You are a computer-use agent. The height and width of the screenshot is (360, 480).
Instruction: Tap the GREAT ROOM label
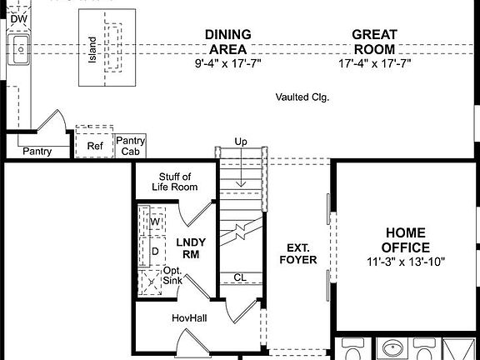374,42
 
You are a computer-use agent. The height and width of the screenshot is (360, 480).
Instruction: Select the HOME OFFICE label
405,240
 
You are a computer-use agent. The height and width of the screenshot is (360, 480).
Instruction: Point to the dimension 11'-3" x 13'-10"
405,261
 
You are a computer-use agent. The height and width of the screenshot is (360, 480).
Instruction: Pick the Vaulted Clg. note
302,97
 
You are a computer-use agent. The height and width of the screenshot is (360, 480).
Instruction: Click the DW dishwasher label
17,17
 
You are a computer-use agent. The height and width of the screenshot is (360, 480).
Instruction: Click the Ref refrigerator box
94,145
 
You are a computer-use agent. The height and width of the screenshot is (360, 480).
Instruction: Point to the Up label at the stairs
241,142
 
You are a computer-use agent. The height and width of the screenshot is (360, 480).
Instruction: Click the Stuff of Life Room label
174,182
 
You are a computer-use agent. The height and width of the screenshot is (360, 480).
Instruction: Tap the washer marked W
156,221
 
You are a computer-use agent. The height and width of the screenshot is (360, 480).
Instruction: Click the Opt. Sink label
172,276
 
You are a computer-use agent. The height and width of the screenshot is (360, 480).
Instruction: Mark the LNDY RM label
191,247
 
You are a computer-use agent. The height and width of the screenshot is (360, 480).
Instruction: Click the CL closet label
240,278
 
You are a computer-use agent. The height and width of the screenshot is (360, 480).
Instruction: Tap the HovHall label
187,318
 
